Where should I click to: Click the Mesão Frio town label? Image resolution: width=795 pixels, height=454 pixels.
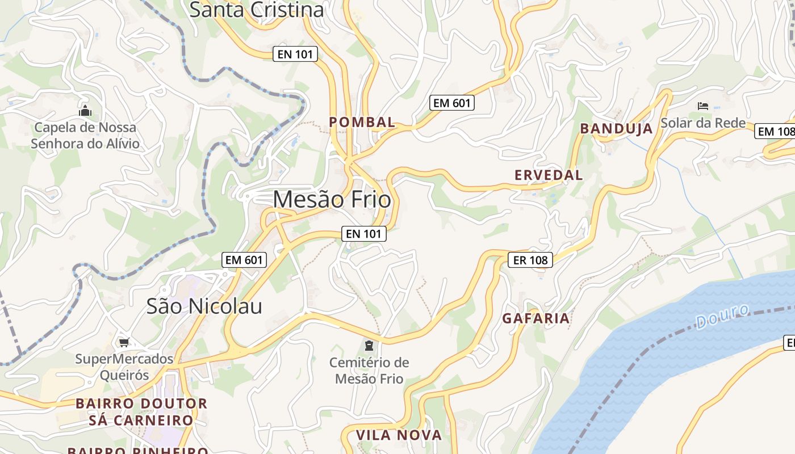tap(332, 200)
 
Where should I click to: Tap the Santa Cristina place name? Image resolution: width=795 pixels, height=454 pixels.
tap(257, 10)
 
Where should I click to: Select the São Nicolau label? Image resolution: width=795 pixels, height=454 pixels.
tap(204, 306)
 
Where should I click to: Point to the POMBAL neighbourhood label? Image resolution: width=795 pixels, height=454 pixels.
tap(362, 122)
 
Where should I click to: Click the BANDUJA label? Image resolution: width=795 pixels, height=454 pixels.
tap(616, 129)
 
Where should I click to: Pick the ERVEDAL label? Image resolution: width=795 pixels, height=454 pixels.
tap(549, 175)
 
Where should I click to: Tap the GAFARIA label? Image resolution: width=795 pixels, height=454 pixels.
tap(536, 318)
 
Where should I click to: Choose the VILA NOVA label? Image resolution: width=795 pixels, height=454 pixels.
tap(399, 435)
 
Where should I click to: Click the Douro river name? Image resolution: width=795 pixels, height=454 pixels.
tap(722, 316)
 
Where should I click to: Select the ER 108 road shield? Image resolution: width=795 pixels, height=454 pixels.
tap(530, 260)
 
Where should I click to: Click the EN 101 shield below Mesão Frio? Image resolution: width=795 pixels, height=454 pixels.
tap(364, 233)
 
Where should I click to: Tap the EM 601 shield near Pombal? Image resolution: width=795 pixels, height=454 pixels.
tap(452, 103)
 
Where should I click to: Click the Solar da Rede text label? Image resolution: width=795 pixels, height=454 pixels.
tap(703, 123)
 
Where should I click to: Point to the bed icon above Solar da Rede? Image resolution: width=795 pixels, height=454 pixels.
tap(703, 106)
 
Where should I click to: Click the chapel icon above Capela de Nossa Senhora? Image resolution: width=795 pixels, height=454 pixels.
tap(85, 110)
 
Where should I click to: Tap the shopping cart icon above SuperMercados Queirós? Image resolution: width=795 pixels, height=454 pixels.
tap(124, 342)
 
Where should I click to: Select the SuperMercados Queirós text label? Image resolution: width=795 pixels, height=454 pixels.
tap(124, 367)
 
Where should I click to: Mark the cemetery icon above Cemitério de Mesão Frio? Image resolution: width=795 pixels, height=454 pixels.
tap(369, 345)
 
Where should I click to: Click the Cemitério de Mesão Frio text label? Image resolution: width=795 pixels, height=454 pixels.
tap(369, 371)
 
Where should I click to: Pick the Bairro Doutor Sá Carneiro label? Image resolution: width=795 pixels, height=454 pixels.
tap(141, 412)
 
